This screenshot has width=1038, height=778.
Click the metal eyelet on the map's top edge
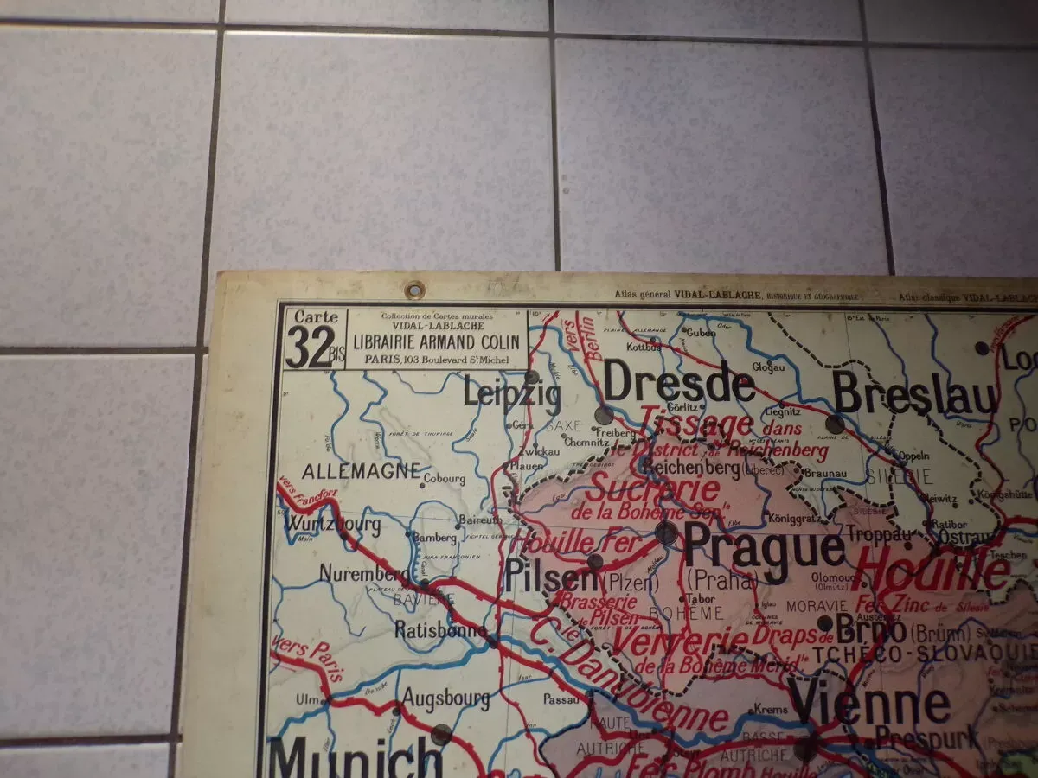[415, 290]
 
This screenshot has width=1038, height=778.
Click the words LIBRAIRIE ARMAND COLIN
[437, 342]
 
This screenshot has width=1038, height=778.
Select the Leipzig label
[511, 393]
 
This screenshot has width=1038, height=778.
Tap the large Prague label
[764, 546]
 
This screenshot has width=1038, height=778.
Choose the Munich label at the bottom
[356, 758]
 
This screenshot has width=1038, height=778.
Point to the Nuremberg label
[364, 574]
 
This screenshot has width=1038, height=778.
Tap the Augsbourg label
[445, 697]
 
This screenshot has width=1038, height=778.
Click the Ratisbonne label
[441, 629]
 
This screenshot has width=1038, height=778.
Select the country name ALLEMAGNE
[361, 472]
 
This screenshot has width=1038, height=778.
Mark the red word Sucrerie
[654, 489]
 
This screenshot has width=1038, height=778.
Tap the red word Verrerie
[680, 642]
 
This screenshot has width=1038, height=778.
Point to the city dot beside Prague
[666, 532]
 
